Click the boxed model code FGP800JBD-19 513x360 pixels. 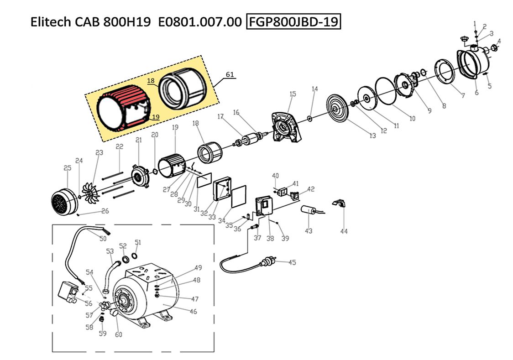(294, 21)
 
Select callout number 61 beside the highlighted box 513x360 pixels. (230, 74)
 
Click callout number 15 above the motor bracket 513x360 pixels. (293, 94)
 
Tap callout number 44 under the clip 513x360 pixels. (344, 231)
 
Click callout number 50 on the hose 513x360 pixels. (103, 238)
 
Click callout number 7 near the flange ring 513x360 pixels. (462, 96)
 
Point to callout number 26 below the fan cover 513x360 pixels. (105, 211)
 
